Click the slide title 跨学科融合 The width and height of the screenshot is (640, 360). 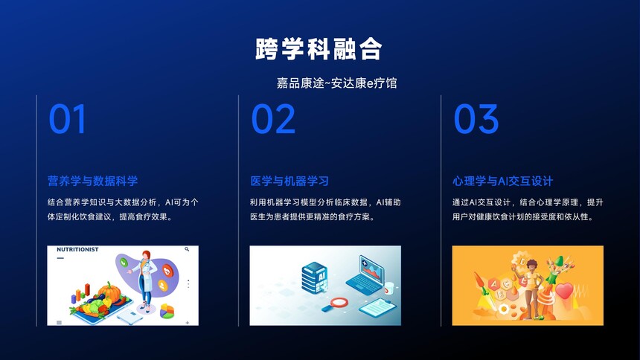tap(319, 49)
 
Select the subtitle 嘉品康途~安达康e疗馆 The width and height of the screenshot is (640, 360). tap(336, 83)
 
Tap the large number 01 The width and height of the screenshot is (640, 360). tap(67, 119)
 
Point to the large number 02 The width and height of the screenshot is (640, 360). tap(273, 119)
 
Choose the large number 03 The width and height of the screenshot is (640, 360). tap(476, 119)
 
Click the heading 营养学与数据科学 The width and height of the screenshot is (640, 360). tap(93, 181)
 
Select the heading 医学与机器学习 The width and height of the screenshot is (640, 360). tap(289, 181)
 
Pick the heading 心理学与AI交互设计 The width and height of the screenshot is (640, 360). tap(503, 181)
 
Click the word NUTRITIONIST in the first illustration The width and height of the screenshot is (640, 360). tap(77, 249)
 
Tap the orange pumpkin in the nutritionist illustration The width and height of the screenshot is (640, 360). tap(109, 292)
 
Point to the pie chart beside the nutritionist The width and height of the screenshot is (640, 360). tap(167, 311)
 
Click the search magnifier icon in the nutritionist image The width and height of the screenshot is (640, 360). tap(187, 249)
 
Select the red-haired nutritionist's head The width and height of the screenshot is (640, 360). tap(146, 256)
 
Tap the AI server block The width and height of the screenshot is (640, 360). tap(314, 278)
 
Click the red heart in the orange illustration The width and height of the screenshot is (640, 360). tap(565, 291)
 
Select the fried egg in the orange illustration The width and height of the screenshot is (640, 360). tap(505, 309)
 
